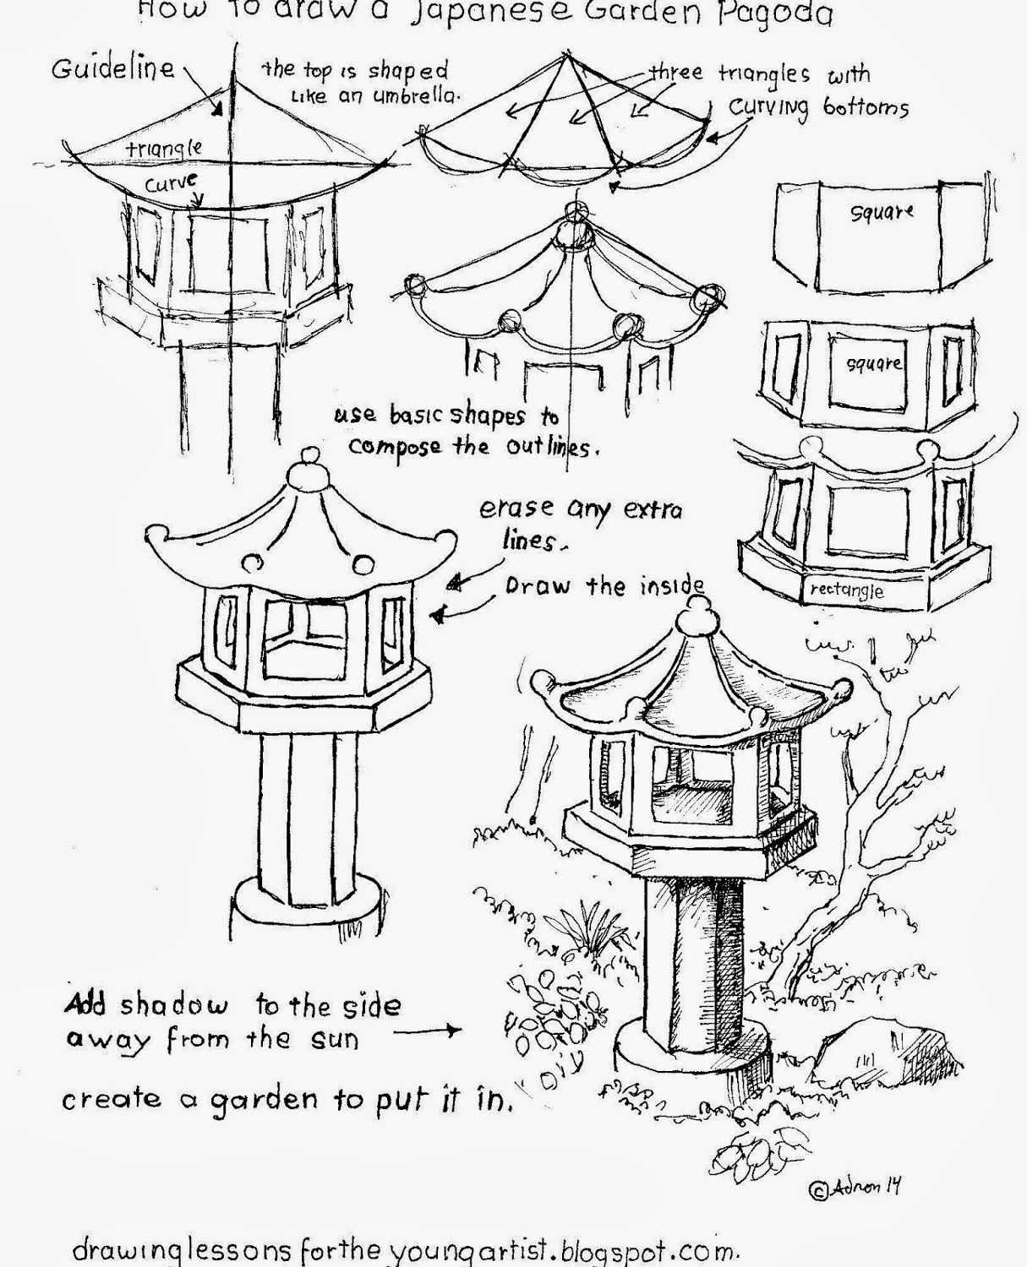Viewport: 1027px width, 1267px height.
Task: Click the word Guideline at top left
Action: point(113,68)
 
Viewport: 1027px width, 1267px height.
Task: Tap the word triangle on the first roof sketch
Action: point(165,149)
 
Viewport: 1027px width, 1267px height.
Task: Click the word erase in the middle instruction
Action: point(516,508)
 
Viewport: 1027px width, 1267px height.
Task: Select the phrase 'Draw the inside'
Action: point(604,586)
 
